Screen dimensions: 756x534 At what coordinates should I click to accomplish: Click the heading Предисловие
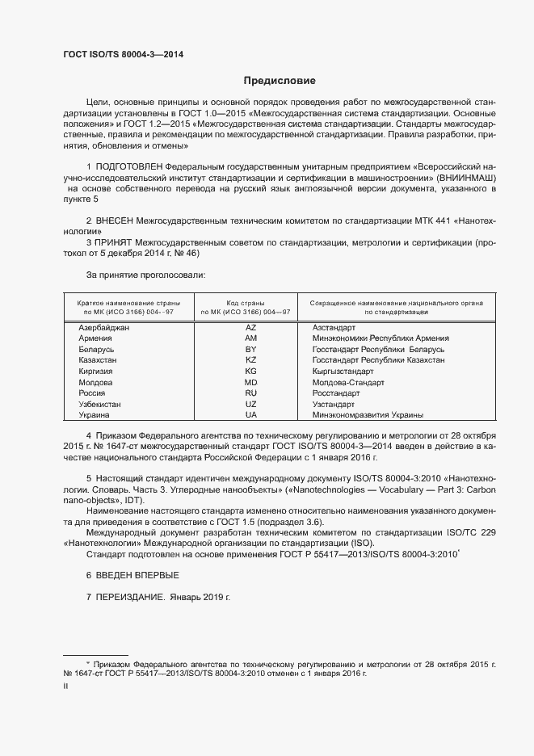280,81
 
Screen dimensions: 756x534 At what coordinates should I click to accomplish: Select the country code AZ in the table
250,327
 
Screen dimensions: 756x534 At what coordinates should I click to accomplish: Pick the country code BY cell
250,349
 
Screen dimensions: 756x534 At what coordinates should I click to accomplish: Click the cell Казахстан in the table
98,359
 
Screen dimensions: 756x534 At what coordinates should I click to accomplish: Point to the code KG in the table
250,371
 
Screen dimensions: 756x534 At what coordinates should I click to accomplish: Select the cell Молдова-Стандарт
348,382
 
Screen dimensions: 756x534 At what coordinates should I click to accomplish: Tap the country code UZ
250,404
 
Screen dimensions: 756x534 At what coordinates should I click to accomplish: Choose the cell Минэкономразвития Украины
368,414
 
